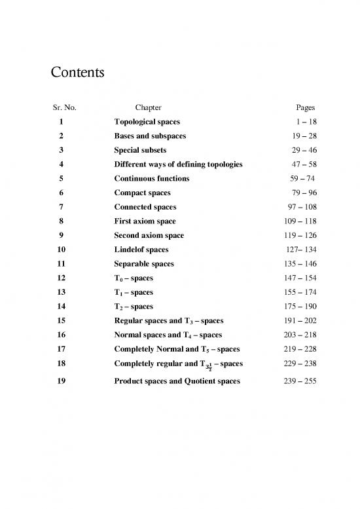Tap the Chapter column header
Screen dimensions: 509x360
pyautogui.click(x=147, y=107)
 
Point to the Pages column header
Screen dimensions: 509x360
pyautogui.click(x=306, y=107)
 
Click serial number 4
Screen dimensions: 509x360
pyautogui.click(x=61, y=164)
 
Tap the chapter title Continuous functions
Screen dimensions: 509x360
pyautogui.click(x=152, y=178)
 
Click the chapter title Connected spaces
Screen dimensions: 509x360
pyautogui.click(x=145, y=207)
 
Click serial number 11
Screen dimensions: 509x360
pyautogui.click(x=61, y=263)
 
